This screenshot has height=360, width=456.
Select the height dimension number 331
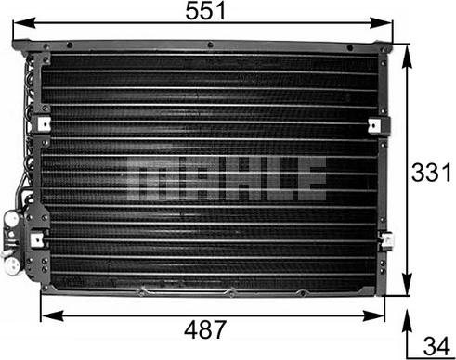click(432, 174)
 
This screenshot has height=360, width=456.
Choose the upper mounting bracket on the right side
click(374, 125)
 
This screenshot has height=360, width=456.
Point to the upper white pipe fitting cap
click(11, 220)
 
